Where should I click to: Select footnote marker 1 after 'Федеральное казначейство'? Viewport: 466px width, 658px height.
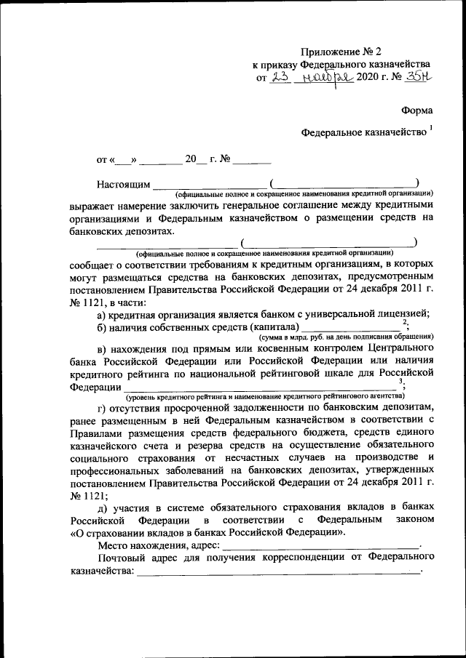tap(430, 129)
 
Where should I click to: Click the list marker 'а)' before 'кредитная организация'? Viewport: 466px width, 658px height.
tap(102, 315)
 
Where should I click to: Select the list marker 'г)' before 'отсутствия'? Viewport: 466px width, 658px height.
tap(101, 407)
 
